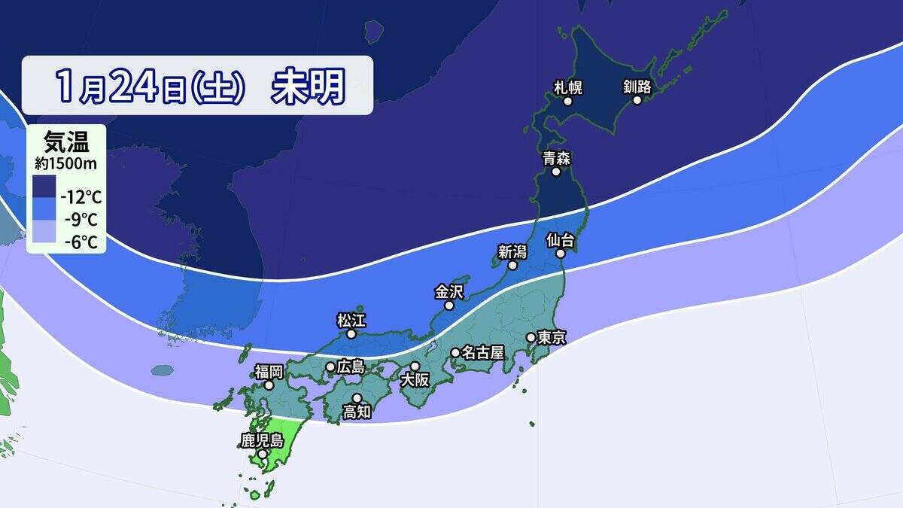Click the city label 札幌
[x=568, y=87]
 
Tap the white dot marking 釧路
[x=637, y=100]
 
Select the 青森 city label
[x=556, y=158]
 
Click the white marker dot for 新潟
[x=512, y=265]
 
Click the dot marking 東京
[x=531, y=337]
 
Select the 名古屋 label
[x=482, y=352]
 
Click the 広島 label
[x=351, y=367]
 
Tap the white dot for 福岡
[x=269, y=385]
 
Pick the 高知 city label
[x=356, y=412]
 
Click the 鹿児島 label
[x=261, y=440]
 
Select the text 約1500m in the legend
[x=66, y=163]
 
